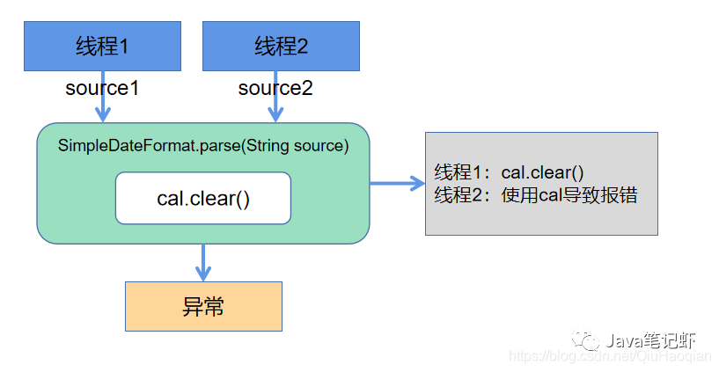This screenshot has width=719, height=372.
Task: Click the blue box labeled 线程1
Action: [102, 47]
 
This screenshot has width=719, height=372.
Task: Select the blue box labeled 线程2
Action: [281, 47]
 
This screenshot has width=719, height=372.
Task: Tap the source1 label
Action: [102, 89]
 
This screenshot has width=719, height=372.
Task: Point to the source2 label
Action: [275, 89]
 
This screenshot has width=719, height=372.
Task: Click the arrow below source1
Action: [103, 110]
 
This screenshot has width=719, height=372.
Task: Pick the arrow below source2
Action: [275, 110]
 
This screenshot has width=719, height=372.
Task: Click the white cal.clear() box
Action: [203, 198]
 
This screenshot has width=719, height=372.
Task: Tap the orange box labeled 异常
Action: [203, 306]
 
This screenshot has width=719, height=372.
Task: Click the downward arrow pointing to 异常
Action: [203, 262]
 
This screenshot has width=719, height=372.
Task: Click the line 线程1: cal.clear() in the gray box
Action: [510, 172]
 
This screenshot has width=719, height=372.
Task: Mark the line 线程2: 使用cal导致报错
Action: [536, 195]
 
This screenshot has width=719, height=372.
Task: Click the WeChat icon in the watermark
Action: [583, 339]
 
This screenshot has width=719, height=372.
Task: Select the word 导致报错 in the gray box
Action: [604, 195]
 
